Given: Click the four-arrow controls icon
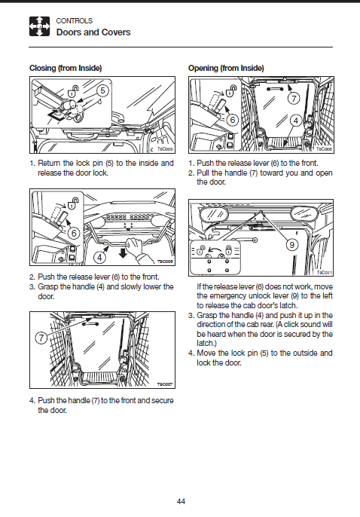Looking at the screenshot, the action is [39, 26].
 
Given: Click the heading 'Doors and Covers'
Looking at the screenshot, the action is [93, 32].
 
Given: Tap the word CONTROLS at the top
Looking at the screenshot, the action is [74, 21].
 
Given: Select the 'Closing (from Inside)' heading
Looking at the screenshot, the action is [66, 69].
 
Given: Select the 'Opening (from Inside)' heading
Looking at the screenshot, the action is [226, 69].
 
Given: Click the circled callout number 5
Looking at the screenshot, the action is [102, 90].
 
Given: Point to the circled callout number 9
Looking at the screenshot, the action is [291, 245].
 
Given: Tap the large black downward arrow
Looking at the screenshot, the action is [123, 253].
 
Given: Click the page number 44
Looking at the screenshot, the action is [181, 501].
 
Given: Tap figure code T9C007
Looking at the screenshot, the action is [165, 384].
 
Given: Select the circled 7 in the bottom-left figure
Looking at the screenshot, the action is [41, 338].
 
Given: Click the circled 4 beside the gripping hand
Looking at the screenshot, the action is [100, 257].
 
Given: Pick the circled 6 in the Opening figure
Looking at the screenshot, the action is [233, 120].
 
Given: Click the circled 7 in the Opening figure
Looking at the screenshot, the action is [294, 98].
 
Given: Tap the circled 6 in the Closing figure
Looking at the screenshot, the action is [74, 234].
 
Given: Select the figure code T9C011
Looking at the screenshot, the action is [325, 272].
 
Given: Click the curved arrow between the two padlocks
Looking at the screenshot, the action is [215, 251].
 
